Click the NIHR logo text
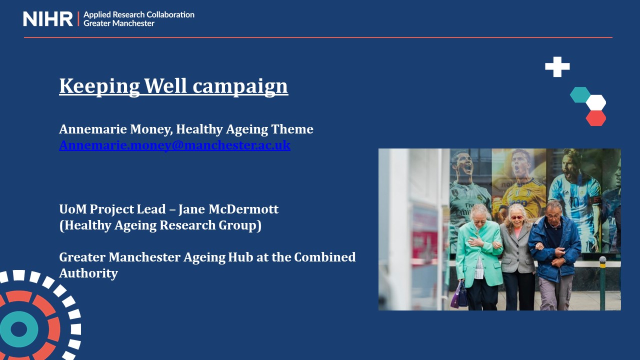point(47,19)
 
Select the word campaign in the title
point(240,86)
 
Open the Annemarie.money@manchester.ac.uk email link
point(175,145)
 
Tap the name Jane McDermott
point(228,209)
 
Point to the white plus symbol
point(557,67)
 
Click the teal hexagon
point(580,94)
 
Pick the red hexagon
point(595,118)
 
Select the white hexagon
point(595,102)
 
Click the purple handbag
point(459,295)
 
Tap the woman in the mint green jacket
point(478,257)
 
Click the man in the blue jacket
point(555,255)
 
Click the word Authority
point(88,273)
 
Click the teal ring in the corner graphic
point(19,329)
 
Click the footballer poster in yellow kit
point(519,185)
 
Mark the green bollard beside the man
point(602,283)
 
